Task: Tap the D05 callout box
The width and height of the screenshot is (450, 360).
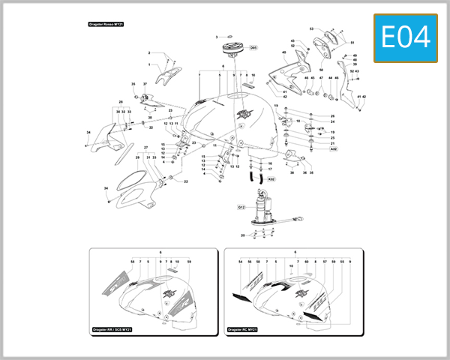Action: coord(253,48)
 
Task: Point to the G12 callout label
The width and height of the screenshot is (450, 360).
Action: coord(241,206)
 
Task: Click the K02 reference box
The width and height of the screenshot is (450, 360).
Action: coord(271,180)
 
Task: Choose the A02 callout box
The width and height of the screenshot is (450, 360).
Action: coord(333,149)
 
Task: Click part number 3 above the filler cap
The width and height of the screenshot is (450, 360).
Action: coord(217,37)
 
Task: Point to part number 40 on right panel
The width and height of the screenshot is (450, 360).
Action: coord(284,52)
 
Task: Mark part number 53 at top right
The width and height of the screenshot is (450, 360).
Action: coord(311,29)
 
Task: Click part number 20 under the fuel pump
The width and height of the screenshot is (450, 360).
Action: coord(243,235)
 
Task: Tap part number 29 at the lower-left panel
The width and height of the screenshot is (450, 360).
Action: coord(138,157)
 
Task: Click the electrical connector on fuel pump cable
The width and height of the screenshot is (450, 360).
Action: coord(298,220)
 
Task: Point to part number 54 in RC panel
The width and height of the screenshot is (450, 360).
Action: coord(240,261)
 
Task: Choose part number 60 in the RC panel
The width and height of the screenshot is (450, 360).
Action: coord(306,261)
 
